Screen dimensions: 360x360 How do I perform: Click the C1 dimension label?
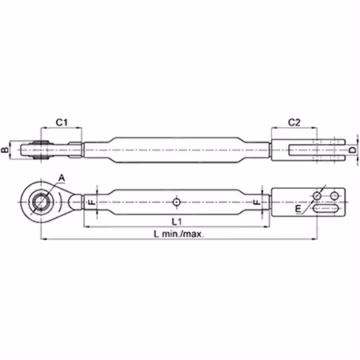coord(62,122)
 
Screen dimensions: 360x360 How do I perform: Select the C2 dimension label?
coord(294,122)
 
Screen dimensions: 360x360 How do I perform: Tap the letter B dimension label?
coord(5,150)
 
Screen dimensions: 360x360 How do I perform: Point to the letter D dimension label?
coord(353,150)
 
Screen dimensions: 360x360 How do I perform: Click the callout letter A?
coord(62,178)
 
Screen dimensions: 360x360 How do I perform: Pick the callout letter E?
coord(298,209)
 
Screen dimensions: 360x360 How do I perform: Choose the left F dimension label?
coord(92,202)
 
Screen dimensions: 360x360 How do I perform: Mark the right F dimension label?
coord(257,202)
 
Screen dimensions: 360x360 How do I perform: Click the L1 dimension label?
coord(177,222)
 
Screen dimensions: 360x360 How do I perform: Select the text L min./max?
coord(179,234)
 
